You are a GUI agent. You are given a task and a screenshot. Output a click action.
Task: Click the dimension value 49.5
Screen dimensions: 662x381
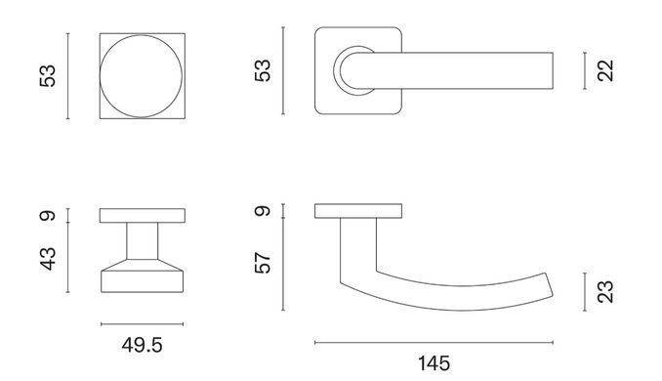click(x=142, y=345)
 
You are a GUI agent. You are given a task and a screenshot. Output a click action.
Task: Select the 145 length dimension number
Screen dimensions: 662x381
click(x=434, y=363)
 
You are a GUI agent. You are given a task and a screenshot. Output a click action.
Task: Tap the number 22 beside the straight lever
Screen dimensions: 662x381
click(x=605, y=70)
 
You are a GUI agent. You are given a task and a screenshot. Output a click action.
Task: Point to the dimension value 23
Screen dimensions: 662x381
click(x=605, y=292)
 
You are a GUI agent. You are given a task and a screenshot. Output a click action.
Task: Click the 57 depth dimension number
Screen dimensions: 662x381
click(x=263, y=263)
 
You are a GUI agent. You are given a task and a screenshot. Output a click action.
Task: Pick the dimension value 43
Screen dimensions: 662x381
click(x=48, y=259)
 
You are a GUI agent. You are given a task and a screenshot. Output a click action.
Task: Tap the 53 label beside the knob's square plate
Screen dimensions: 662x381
click(x=48, y=76)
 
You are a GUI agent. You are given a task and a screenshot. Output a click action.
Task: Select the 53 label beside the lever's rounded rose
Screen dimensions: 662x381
click(x=263, y=70)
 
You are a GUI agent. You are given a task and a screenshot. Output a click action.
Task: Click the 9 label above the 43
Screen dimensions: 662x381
click(x=48, y=216)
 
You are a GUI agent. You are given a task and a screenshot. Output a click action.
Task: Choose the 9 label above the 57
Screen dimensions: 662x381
click(x=263, y=210)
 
